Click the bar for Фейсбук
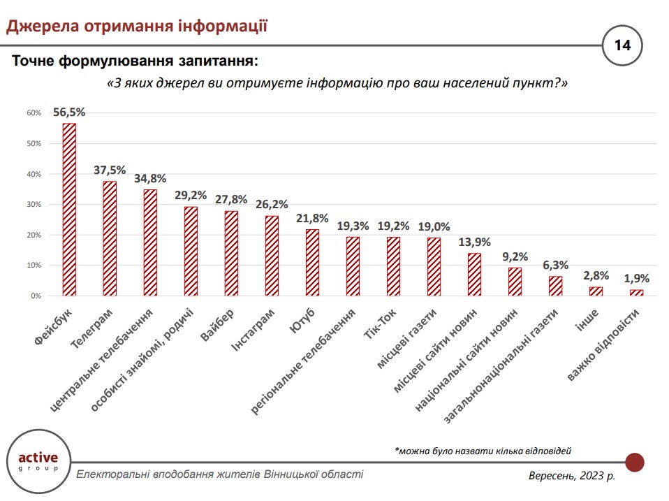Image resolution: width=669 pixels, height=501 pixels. (x=69, y=210)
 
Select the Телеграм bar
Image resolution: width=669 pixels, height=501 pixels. (x=110, y=238)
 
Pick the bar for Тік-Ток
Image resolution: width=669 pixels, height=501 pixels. (x=393, y=266)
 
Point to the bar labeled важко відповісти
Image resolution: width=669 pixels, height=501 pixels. (x=636, y=293)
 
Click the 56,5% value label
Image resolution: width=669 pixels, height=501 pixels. (x=69, y=112)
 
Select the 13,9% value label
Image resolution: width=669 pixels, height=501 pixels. (x=475, y=242)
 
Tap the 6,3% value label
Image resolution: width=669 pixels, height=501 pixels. (x=556, y=266)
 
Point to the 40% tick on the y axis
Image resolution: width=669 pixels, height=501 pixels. (x=34, y=174)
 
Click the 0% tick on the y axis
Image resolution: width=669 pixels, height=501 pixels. (x=36, y=296)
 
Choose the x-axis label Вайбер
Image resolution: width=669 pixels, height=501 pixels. (x=219, y=324)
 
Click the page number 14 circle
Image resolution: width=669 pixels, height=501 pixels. (x=622, y=46)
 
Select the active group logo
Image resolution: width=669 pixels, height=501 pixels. (x=38, y=462)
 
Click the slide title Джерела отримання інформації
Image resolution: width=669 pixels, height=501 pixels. (x=137, y=27)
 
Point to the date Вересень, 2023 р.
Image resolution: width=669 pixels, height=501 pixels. (x=572, y=476)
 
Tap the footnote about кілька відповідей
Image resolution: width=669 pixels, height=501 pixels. (x=487, y=451)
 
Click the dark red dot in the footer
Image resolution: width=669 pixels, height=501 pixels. (x=634, y=462)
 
